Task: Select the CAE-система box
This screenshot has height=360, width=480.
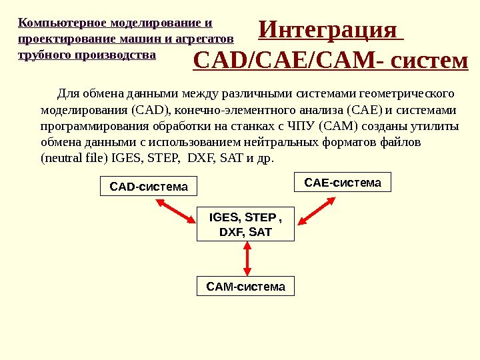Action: (343, 182)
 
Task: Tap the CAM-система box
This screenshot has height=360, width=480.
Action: (245, 287)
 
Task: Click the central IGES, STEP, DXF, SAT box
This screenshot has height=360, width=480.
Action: (246, 224)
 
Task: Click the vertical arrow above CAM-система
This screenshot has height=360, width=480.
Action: (247, 258)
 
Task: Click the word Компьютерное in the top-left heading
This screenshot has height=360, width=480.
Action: (59, 23)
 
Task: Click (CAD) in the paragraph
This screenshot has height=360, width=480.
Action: (153, 109)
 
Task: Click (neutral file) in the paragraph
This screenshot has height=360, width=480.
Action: (74, 159)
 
